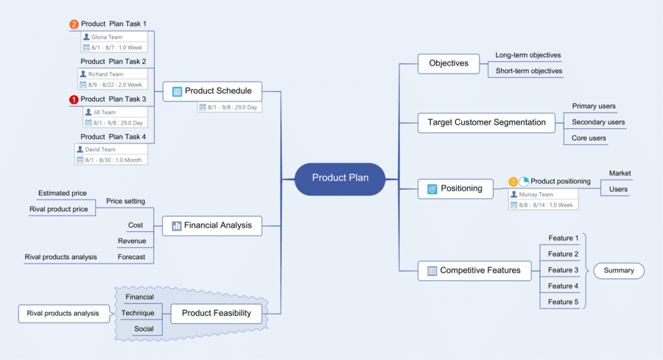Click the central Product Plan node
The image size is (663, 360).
[x=340, y=178]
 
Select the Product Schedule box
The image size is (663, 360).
[x=212, y=91]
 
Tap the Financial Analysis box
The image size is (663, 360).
[x=212, y=225]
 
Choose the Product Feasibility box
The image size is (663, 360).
[x=216, y=313]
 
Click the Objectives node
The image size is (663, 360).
[x=449, y=63]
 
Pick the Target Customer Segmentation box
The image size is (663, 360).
[x=486, y=122]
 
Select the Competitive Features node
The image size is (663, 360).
[x=474, y=270]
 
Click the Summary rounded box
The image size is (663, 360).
[x=619, y=270]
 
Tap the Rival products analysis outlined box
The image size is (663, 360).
[x=63, y=314]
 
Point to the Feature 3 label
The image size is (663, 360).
[x=563, y=270]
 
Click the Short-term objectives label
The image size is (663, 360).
[x=528, y=71]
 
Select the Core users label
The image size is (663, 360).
[x=589, y=138]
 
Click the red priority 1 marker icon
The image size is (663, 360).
[x=74, y=99]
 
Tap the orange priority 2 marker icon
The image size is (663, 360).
[x=74, y=24]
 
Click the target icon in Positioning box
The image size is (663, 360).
[x=432, y=188]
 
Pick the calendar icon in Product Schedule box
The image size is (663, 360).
[x=177, y=92]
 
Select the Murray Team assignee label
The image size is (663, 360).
[x=536, y=194]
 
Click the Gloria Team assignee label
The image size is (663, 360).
[x=107, y=37]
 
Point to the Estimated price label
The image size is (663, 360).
[x=63, y=194]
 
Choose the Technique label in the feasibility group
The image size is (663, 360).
[x=138, y=313]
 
